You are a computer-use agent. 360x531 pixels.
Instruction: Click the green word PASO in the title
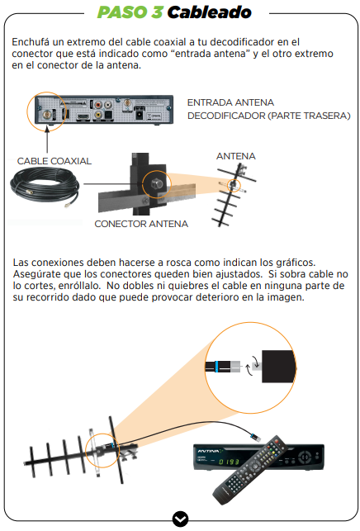(122, 12)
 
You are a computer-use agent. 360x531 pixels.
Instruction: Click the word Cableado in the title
(210, 12)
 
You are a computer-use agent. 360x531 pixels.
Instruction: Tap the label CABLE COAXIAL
(54, 161)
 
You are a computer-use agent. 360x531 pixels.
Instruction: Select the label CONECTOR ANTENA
(141, 224)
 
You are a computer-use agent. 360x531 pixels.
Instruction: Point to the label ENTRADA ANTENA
(230, 102)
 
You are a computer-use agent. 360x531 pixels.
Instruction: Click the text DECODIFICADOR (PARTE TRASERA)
(269, 116)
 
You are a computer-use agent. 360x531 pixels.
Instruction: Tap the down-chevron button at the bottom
(180, 519)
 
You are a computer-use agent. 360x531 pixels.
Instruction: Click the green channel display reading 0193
(229, 462)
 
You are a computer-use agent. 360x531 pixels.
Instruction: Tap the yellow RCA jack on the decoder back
(97, 114)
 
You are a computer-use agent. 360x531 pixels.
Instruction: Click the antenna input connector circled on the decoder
(47, 114)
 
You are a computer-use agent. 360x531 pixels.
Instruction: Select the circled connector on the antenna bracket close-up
(156, 184)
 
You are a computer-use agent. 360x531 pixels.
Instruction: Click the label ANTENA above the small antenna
(236, 156)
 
